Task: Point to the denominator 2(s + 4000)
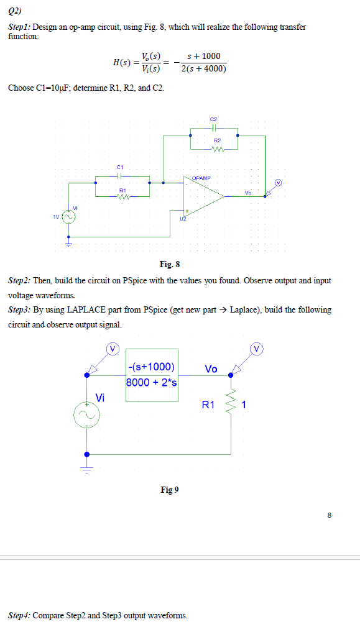[203, 68]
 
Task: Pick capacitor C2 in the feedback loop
[215, 129]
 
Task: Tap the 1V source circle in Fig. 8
[68, 217]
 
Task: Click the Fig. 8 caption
[170, 265]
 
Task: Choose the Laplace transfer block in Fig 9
[152, 375]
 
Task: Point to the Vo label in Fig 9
[210, 368]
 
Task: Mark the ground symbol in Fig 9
[86, 469]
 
